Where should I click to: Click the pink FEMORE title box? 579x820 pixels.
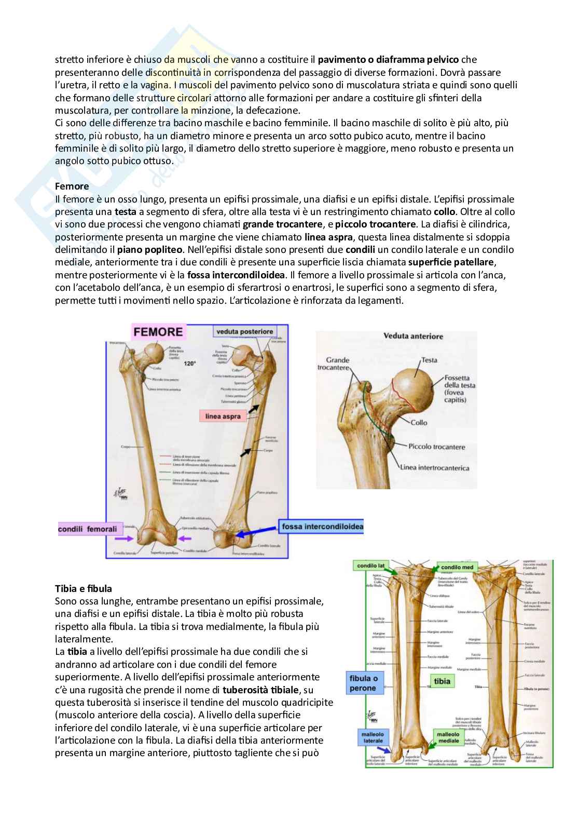[159, 332]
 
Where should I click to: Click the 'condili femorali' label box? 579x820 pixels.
[88, 529]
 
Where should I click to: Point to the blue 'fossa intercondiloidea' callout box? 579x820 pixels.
[322, 527]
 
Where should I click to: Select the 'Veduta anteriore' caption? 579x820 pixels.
[413, 336]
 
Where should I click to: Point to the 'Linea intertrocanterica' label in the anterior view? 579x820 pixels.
[434, 468]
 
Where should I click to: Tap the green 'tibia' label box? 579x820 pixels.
[442, 681]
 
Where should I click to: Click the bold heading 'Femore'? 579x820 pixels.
[72, 186]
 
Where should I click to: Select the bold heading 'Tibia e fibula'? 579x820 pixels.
[83, 588]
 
